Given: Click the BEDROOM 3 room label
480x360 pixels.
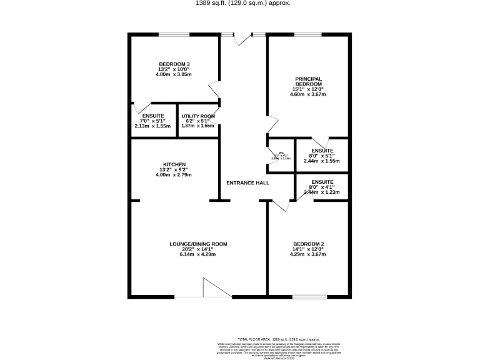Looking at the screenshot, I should pyautogui.click(x=174, y=63).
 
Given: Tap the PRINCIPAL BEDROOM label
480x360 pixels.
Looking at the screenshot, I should pyautogui.click(x=309, y=81).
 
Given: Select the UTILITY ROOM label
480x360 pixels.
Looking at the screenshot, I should pyautogui.click(x=198, y=116).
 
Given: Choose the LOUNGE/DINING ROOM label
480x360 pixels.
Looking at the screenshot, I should pyautogui.click(x=198, y=244).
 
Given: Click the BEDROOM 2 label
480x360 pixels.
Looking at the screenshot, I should pyautogui.click(x=309, y=244).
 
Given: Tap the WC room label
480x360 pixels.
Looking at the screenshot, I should pyautogui.click(x=281, y=152).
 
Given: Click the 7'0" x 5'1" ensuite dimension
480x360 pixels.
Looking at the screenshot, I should pyautogui.click(x=153, y=121).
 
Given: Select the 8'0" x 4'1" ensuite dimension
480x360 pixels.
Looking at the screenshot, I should pyautogui.click(x=322, y=187).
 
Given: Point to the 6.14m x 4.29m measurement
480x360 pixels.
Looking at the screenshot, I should pyautogui.click(x=198, y=255).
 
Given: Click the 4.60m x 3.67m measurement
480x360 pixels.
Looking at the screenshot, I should pyautogui.click(x=309, y=94).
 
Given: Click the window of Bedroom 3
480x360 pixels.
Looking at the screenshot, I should pyautogui.click(x=175, y=34).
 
